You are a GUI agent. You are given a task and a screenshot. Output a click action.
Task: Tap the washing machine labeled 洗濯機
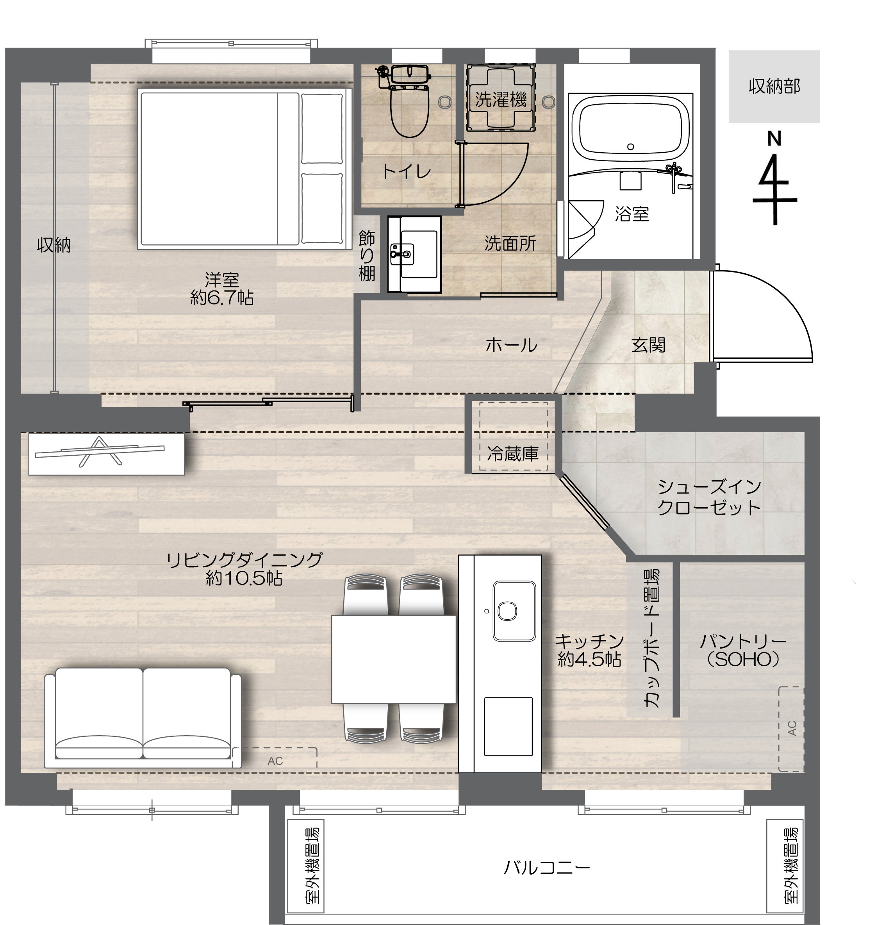pos(501,98)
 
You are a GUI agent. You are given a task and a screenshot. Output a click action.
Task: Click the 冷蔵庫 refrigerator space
pos(513,437)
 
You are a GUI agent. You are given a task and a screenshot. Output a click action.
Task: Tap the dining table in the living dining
pos(393,659)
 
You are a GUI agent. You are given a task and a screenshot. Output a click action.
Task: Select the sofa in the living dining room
pos(143,717)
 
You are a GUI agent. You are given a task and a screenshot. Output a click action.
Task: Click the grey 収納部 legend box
pos(774,87)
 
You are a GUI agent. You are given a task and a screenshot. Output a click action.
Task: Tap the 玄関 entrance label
pos(648,346)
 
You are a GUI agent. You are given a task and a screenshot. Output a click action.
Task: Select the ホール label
pos(511,346)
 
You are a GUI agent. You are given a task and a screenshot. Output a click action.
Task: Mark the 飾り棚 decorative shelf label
pos(367,256)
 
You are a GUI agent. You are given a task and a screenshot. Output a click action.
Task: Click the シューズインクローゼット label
pos(709,498)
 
